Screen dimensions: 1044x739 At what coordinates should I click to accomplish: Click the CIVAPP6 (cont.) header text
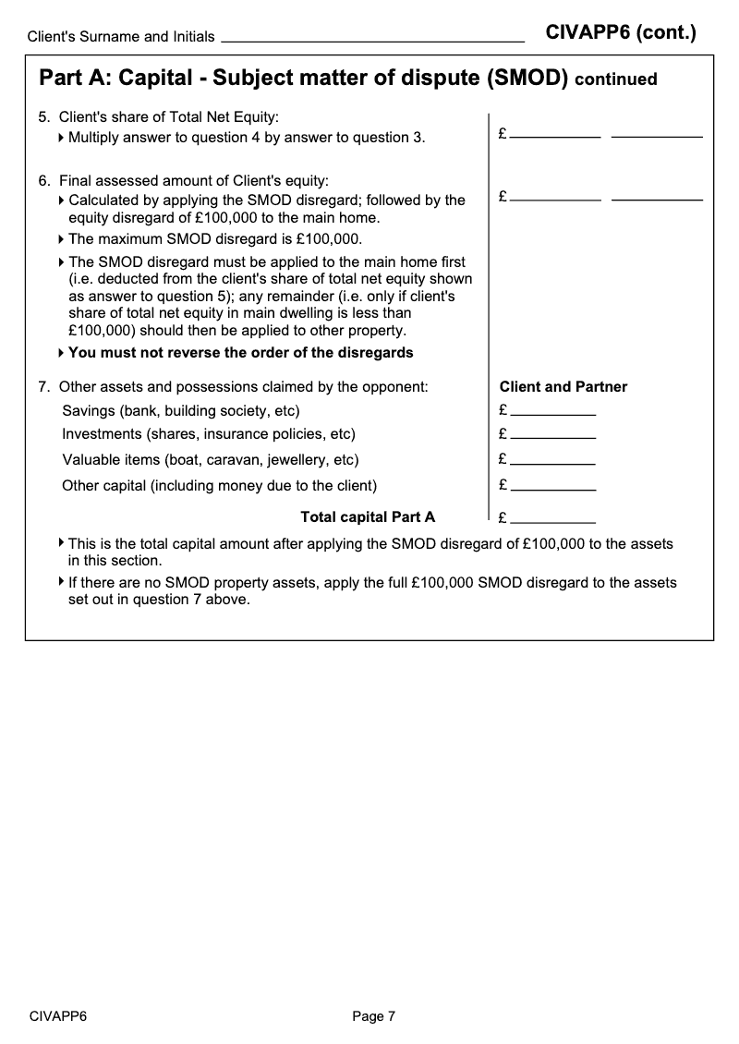pos(621,33)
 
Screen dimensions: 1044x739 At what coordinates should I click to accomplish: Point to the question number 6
pos(43,180)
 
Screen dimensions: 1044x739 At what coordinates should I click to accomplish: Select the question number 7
pos(43,387)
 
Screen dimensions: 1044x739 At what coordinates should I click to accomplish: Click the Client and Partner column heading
pos(563,387)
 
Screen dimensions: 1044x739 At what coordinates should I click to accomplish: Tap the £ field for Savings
pos(552,410)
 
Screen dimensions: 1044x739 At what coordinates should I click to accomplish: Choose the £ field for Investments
pos(552,434)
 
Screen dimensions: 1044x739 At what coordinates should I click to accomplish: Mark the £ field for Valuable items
pos(552,459)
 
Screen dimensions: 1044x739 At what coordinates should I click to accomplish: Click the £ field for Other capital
pos(552,484)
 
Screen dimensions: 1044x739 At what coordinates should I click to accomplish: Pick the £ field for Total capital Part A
pos(552,517)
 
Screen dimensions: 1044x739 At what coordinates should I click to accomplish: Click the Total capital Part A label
pos(368,517)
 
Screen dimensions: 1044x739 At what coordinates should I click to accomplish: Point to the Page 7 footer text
pos(373,1016)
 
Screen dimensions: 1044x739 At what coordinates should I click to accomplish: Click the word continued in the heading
pos(615,79)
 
